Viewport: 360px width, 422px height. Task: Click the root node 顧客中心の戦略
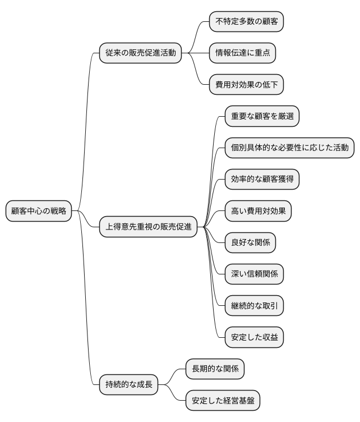tap(39, 212)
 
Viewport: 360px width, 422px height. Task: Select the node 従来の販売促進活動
tap(141, 53)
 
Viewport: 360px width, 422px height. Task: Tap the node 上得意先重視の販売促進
tap(148, 227)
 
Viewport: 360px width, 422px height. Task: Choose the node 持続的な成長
tap(129, 385)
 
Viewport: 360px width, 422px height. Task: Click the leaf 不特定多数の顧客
tap(246, 22)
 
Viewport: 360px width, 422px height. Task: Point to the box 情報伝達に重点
tap(242, 53)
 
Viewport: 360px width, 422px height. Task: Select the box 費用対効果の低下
tap(246, 85)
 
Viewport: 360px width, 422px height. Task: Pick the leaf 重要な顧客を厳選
tap(262, 117)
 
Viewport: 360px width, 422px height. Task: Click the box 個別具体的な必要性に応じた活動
tap(289, 148)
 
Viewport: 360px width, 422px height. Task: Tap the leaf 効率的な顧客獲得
tap(262, 180)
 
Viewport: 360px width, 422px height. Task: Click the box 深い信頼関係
tap(254, 274)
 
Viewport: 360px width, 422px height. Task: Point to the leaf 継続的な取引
tap(254, 306)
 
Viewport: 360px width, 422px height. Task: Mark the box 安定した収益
tap(254, 338)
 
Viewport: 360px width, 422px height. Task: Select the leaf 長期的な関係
tap(215, 369)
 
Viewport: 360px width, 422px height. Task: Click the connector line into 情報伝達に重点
tap(200, 53)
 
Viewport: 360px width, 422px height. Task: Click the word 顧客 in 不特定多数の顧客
tap(269, 22)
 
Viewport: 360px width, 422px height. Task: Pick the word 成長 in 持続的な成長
tap(145, 385)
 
